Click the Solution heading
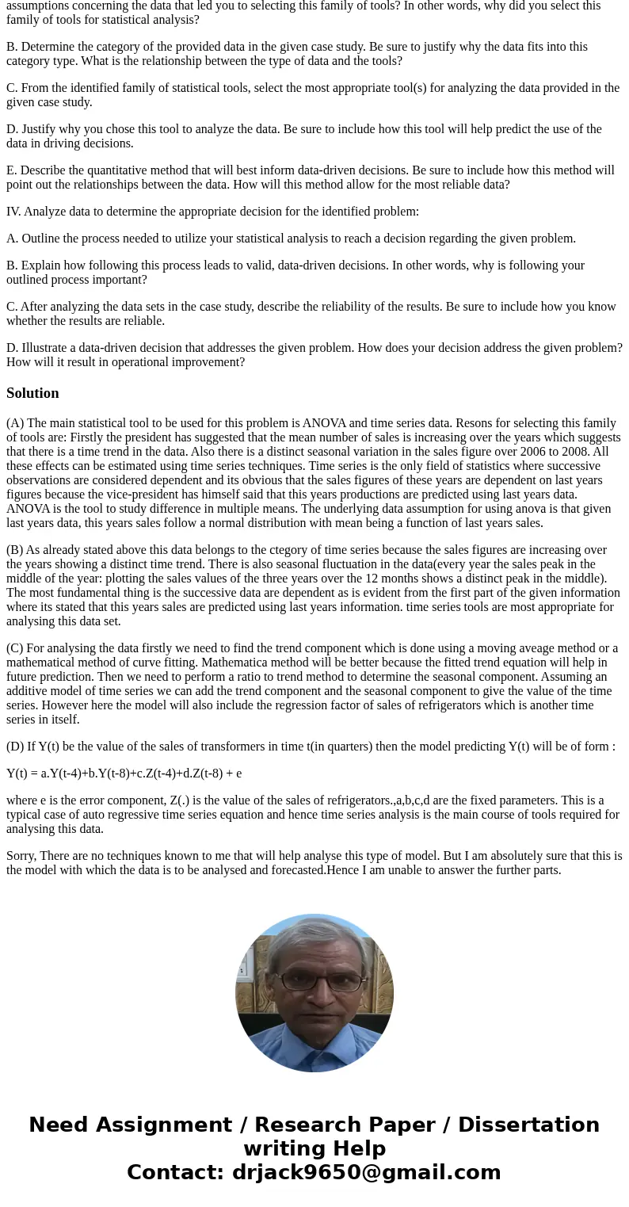(32, 393)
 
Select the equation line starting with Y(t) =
(124, 773)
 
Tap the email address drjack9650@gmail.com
(366, 1172)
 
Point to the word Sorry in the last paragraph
(21, 856)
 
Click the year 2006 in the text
(501, 452)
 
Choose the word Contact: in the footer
(175, 1172)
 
